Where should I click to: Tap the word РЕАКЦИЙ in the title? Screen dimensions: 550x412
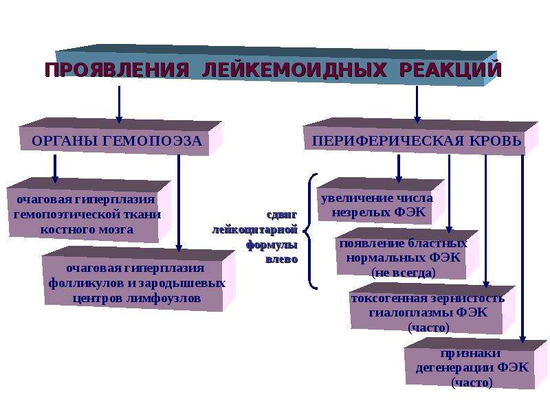coord(450,69)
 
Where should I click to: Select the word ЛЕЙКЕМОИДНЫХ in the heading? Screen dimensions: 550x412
coord(294,70)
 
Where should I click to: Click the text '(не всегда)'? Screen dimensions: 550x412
coord(404,273)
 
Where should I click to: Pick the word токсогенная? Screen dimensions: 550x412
coord(389,298)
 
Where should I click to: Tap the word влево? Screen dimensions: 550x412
coord(282,260)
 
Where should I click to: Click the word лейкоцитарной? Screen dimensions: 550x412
coord(254,230)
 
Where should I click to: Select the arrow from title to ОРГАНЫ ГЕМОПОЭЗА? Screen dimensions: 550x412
coord(119,104)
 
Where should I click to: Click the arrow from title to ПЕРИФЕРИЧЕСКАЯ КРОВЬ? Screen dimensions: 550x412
coord(417,104)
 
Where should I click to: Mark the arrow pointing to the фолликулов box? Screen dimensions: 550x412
coord(179,203)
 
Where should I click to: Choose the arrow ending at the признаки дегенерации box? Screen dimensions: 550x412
coord(522,249)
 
